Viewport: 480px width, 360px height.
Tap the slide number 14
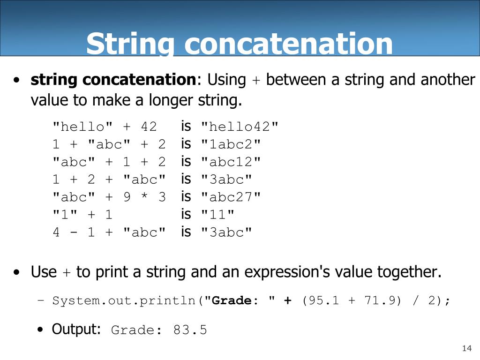click(x=466, y=348)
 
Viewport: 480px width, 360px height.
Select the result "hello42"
click(x=240, y=127)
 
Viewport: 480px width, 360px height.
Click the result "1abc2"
click(x=231, y=144)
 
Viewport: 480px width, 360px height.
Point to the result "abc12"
click(x=231, y=162)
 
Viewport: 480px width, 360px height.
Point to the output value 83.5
click(x=190, y=330)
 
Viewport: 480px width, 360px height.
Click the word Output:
click(x=76, y=329)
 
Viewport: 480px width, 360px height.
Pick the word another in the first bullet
click(x=447, y=80)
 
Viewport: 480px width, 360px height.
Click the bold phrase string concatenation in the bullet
click(x=113, y=80)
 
